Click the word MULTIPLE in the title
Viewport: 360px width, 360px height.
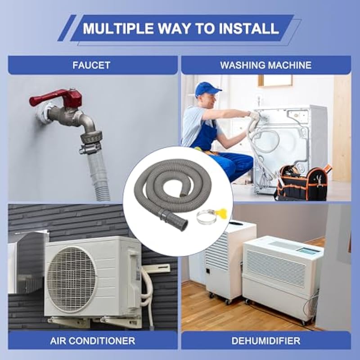tap(118, 28)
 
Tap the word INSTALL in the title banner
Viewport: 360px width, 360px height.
tap(249, 28)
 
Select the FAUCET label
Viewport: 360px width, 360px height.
tap(91, 65)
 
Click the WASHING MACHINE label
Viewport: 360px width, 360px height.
tap(266, 65)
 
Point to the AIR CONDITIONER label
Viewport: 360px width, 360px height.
tap(93, 341)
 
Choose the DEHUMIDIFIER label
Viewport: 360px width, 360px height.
tap(266, 341)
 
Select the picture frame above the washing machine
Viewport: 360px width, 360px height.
tap(275, 81)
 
